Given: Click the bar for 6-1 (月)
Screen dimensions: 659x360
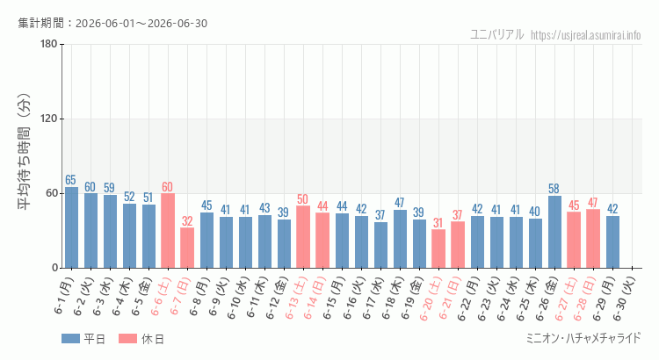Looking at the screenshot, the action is [71, 227].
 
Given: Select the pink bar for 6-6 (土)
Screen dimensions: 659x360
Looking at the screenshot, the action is [168, 231].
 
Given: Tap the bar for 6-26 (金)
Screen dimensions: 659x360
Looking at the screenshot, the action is [554, 232].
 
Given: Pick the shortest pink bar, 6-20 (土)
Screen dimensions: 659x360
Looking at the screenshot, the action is [438, 248].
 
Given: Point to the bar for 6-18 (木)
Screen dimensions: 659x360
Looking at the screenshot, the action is [400, 239].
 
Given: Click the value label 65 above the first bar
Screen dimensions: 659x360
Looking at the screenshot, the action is [70, 180].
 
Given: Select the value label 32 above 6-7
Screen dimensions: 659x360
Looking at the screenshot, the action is [187, 220].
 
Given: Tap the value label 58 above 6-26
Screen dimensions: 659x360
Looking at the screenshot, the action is [554, 189].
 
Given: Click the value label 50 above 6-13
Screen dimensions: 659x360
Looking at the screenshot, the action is [302, 198].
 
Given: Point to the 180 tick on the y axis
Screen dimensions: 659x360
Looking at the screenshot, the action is [48, 44].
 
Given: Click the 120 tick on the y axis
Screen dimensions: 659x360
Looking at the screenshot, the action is [48, 119].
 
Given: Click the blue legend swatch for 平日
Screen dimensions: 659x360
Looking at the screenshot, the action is [70, 339].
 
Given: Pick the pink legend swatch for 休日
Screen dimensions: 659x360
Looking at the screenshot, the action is [127, 339].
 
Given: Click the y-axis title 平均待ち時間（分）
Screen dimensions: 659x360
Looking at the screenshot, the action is [24, 152].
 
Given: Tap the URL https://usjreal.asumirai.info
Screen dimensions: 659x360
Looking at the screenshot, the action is [585, 35].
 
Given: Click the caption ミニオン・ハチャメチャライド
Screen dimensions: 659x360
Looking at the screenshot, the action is [583, 338].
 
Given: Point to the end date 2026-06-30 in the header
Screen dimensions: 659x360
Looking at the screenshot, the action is [177, 23].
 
